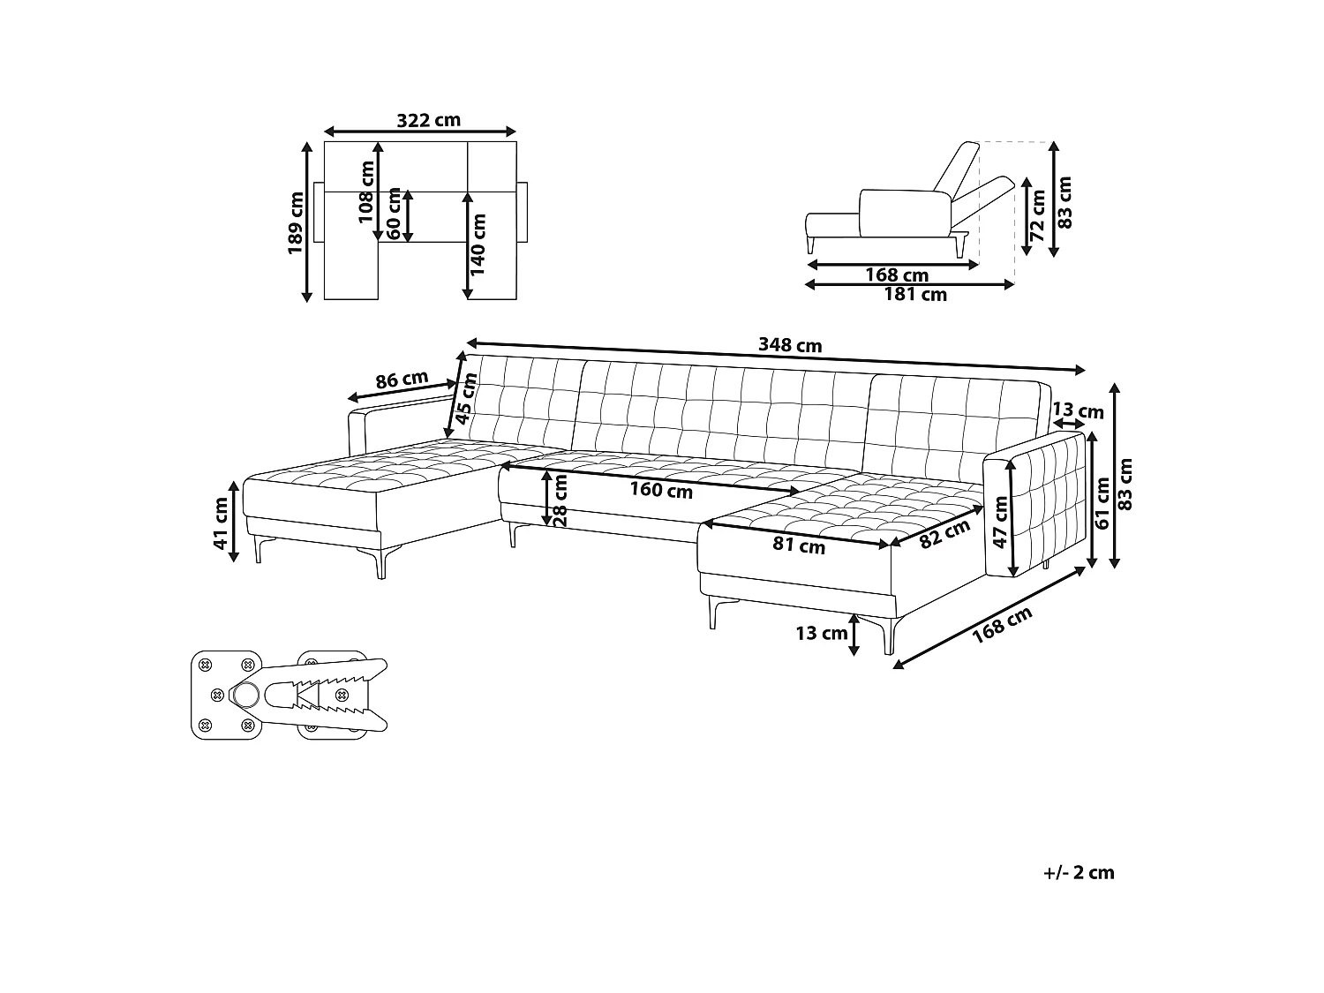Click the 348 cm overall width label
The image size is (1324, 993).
(790, 345)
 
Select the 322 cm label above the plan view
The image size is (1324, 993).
(428, 120)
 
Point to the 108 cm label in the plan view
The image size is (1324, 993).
(367, 192)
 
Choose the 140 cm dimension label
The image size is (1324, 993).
(478, 245)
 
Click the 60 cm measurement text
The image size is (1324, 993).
(394, 214)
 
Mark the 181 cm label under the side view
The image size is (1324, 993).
(914, 295)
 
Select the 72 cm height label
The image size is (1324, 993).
(1038, 215)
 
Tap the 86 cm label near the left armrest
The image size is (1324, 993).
(402, 380)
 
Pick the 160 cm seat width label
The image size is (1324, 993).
(662, 490)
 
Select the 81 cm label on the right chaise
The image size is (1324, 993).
(799, 545)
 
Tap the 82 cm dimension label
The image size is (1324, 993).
(944, 534)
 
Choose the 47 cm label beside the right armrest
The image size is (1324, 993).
(1000, 522)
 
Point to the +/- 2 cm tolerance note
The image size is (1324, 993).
(1079, 873)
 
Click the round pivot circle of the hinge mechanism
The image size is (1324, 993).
(245, 696)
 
